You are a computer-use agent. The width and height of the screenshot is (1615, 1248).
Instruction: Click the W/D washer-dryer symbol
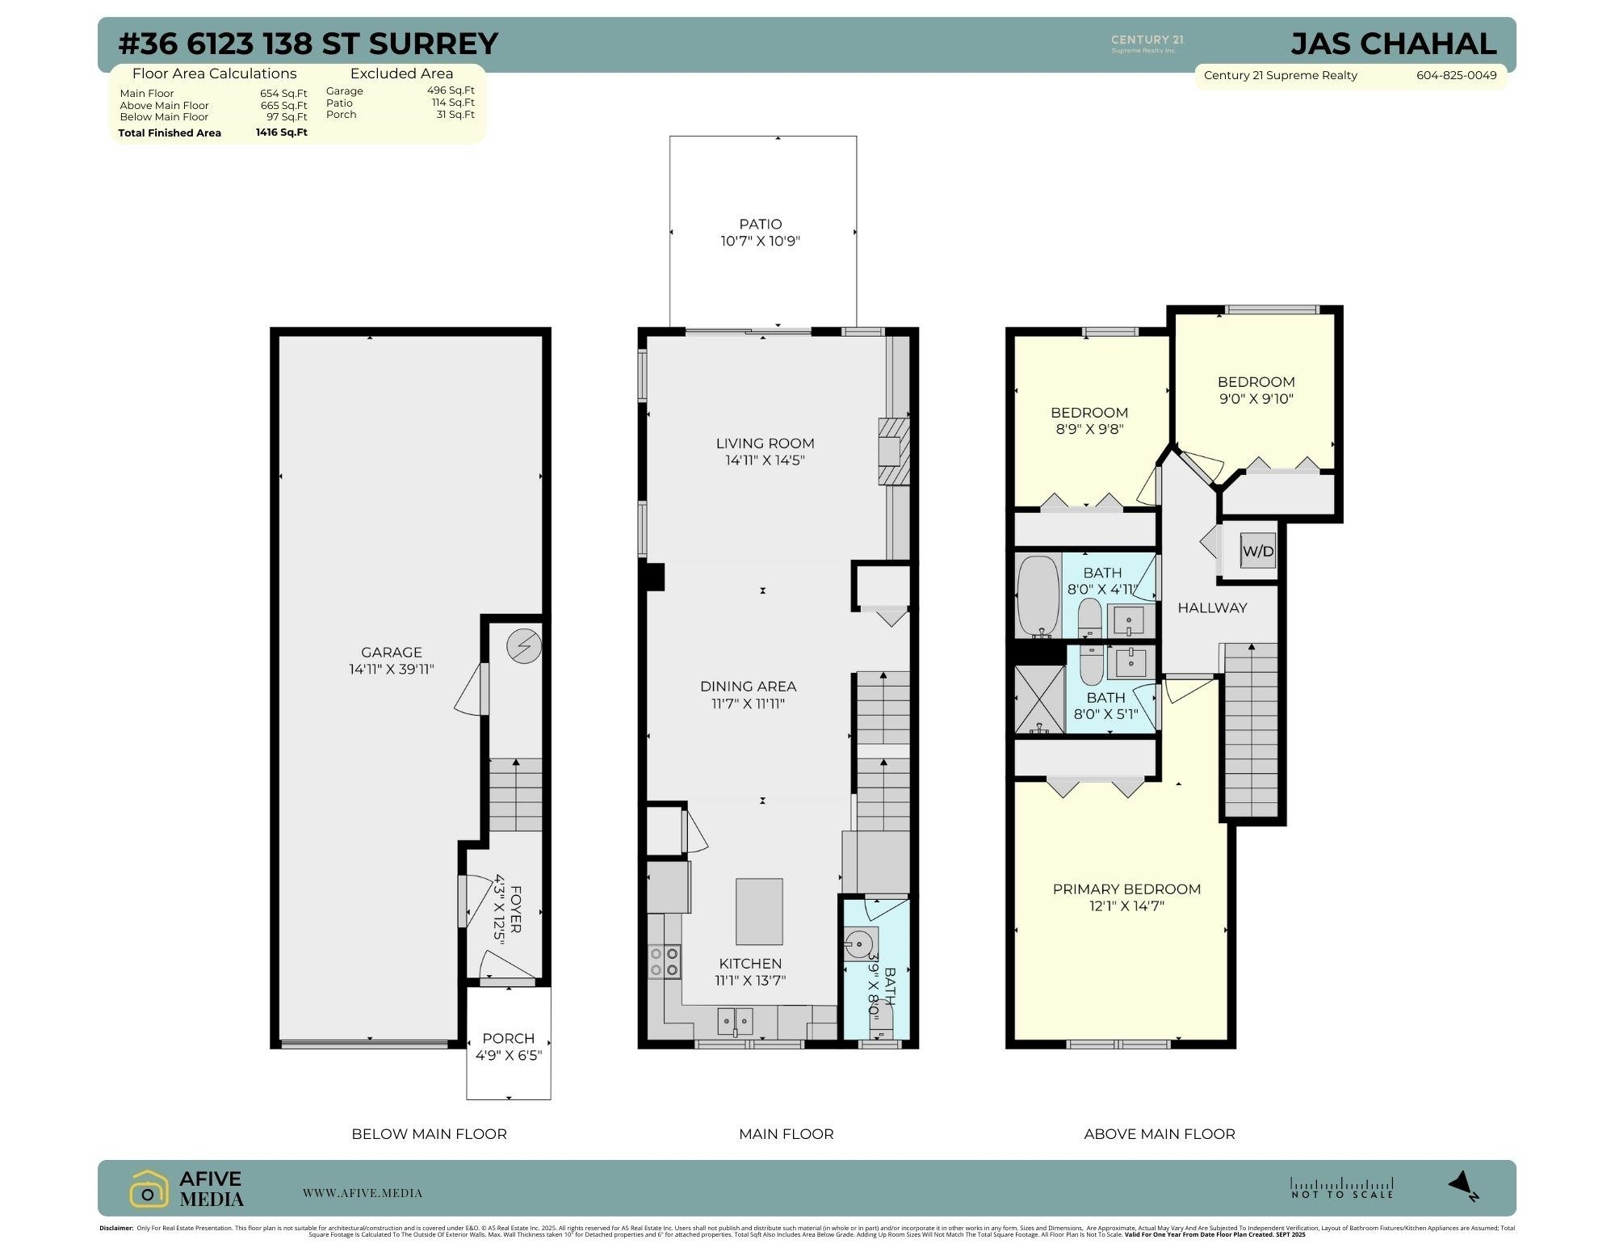pyautogui.click(x=1257, y=552)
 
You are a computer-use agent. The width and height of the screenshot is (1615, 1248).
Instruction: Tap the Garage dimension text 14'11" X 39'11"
pyautogui.click(x=392, y=669)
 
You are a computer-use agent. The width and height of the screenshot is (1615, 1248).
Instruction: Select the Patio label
pyautogui.click(x=761, y=224)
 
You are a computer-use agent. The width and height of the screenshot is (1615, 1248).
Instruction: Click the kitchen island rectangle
pyautogui.click(x=759, y=911)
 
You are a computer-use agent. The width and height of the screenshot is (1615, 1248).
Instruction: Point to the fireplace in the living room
pyautogui.click(x=893, y=452)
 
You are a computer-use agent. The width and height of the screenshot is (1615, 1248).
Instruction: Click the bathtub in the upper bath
pyautogui.click(x=1038, y=595)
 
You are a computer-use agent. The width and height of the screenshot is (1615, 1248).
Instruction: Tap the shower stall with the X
pyautogui.click(x=1039, y=699)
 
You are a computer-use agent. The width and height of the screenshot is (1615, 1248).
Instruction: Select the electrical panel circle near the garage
pyautogui.click(x=524, y=646)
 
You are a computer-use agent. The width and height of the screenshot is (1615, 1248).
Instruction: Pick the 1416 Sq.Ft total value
pyautogui.click(x=281, y=132)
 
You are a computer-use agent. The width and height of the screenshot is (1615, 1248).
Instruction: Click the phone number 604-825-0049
pyautogui.click(x=1456, y=75)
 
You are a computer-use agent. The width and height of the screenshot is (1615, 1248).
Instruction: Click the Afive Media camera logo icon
pyautogui.click(x=149, y=1189)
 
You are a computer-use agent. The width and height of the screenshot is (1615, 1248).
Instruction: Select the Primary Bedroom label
pyautogui.click(x=1126, y=889)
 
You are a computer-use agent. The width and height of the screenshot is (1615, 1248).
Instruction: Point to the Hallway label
pyautogui.click(x=1212, y=607)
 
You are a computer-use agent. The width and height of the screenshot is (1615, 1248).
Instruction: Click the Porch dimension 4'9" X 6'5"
pyautogui.click(x=508, y=1055)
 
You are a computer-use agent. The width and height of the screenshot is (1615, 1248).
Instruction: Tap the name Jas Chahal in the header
pyautogui.click(x=1393, y=44)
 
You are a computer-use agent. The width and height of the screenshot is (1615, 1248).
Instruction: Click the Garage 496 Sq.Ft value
pyautogui.click(x=451, y=90)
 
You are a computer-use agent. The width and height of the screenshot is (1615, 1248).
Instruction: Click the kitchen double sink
pyautogui.click(x=736, y=1021)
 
